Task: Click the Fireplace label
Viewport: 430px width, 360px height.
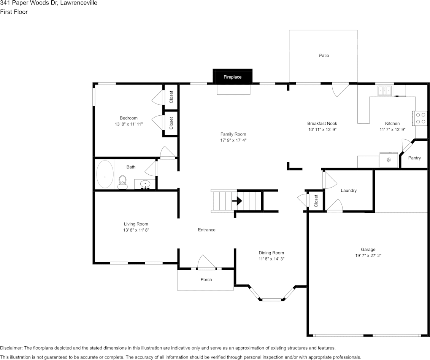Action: pos(232,77)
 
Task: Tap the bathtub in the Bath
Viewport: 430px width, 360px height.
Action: pos(105,175)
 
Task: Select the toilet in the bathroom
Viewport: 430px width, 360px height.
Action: pos(122,182)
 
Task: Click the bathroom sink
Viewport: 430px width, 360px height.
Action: pos(145,185)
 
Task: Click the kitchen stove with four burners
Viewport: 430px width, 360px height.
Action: pos(420,118)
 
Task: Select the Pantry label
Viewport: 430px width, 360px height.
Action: pos(414,158)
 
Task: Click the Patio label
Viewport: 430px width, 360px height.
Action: pos(324,56)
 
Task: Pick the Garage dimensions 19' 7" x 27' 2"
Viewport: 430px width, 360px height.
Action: pos(368,256)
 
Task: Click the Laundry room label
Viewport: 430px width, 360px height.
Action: pos(349,190)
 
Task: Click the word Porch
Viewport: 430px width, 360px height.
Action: pos(206,280)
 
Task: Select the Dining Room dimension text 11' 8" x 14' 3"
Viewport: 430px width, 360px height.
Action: pos(271,259)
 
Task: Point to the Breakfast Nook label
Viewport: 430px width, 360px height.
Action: pos(322,123)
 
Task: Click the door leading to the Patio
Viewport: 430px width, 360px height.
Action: pos(340,89)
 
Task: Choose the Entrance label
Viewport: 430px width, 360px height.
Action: pos(206,230)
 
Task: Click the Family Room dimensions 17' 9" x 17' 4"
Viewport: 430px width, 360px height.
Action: pos(233,140)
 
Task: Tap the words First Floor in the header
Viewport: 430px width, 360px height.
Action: pos(14,12)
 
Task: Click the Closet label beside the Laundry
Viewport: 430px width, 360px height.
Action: pos(316,201)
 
